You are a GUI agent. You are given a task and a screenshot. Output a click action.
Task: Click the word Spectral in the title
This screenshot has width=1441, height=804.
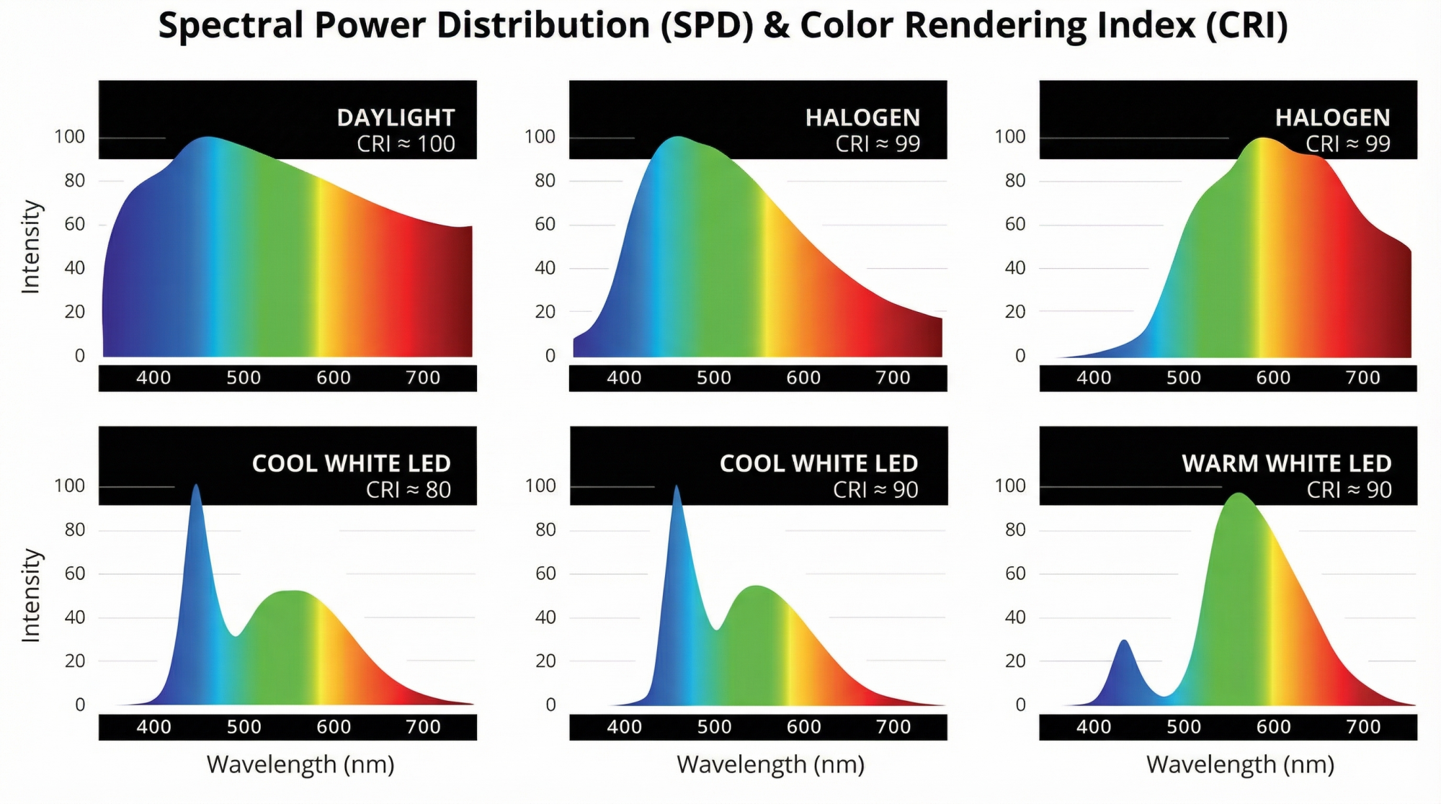tap(231, 26)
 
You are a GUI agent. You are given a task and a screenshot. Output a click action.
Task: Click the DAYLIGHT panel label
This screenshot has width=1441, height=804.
tap(396, 117)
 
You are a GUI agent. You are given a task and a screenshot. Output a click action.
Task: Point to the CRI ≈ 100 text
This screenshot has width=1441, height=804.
tap(406, 144)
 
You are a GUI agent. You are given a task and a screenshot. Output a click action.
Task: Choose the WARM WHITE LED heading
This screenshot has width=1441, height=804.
tap(1286, 463)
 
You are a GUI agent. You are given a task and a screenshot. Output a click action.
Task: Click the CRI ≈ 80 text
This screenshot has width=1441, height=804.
tap(408, 490)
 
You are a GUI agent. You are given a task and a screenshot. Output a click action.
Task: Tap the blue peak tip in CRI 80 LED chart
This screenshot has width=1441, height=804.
tap(195, 486)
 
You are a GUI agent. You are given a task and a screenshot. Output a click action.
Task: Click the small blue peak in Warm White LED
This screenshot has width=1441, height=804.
tap(1123, 641)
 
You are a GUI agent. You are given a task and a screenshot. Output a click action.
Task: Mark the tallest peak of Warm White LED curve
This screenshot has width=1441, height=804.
tap(1239, 494)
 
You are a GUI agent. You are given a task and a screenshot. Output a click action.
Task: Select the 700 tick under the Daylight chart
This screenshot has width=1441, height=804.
tap(423, 378)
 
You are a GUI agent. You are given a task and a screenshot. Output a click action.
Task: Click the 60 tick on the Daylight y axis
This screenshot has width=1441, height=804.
tap(75, 224)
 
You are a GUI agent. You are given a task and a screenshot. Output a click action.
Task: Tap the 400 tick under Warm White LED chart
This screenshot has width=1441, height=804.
tap(1094, 727)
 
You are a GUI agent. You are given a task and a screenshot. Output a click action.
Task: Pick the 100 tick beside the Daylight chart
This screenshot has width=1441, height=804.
tap(70, 137)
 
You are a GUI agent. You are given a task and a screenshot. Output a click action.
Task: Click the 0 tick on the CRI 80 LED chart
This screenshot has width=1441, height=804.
tap(80, 705)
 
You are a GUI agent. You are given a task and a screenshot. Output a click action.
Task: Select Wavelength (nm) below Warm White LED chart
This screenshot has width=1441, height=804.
tap(1240, 764)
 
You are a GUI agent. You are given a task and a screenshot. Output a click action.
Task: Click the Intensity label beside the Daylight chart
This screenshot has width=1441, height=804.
tap(30, 247)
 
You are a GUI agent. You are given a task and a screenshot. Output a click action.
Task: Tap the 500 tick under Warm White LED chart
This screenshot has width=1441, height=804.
tap(1184, 727)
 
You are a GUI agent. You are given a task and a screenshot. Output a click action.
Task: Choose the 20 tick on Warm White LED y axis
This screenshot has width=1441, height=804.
tap(1014, 661)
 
